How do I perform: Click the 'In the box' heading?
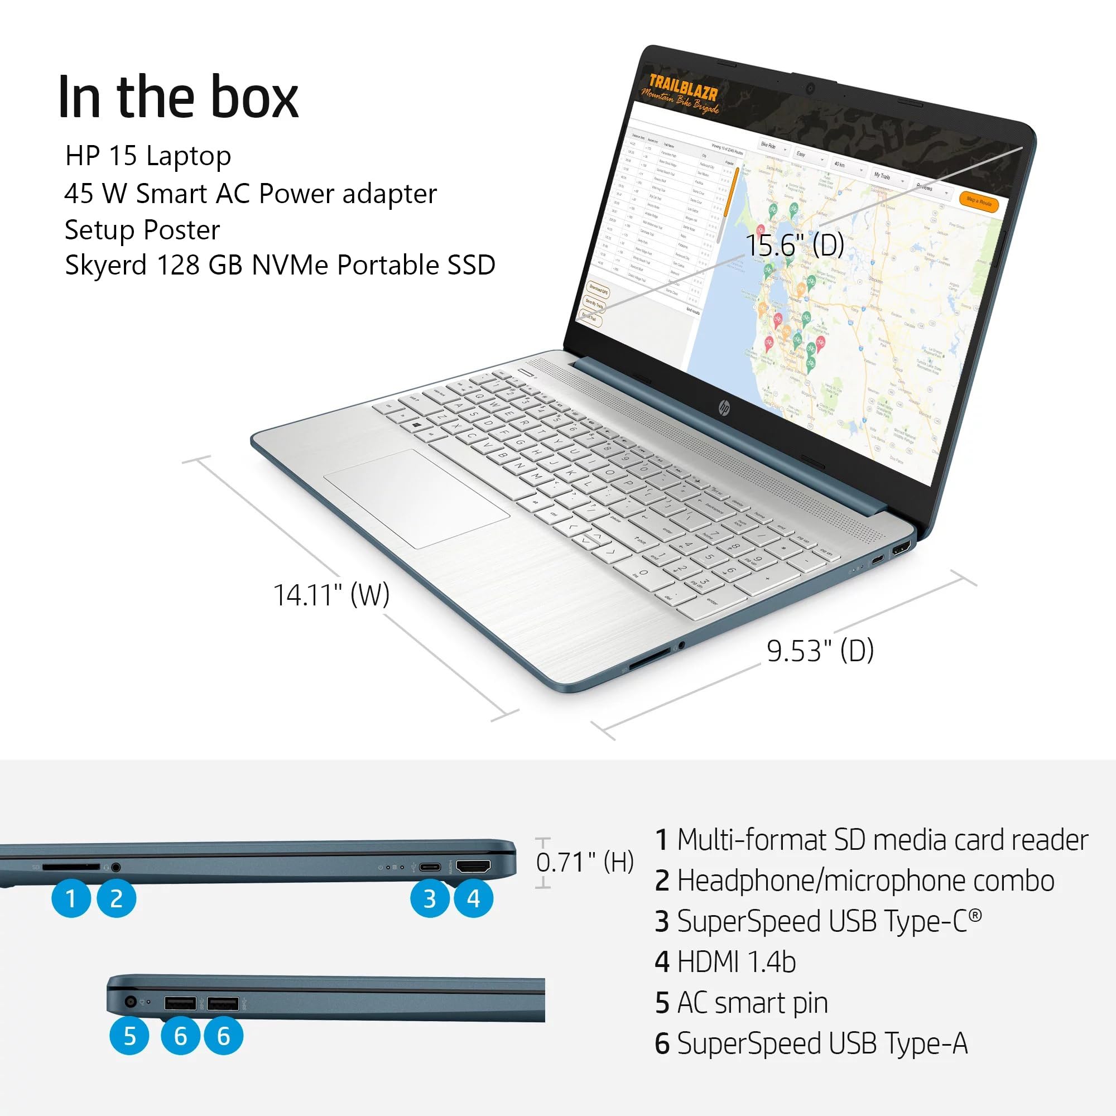point(178,98)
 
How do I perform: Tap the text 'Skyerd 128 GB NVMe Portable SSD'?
point(280,265)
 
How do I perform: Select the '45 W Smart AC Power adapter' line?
point(250,194)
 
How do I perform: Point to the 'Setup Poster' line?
point(142,230)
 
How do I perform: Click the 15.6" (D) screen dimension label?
point(795,245)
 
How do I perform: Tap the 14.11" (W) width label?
point(331,594)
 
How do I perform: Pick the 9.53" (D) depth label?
point(820,651)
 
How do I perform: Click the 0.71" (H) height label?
point(585,862)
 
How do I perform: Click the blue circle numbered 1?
point(70,898)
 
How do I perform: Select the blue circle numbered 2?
point(116,898)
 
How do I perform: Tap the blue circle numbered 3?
point(429,898)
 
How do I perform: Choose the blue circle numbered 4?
point(474,898)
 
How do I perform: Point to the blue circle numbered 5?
point(129,1036)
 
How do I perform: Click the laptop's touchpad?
point(416,498)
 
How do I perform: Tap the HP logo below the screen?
point(724,408)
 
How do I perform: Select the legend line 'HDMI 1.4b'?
point(725,963)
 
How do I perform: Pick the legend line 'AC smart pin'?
point(741,1003)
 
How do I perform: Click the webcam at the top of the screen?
point(810,88)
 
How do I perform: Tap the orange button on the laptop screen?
point(979,201)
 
